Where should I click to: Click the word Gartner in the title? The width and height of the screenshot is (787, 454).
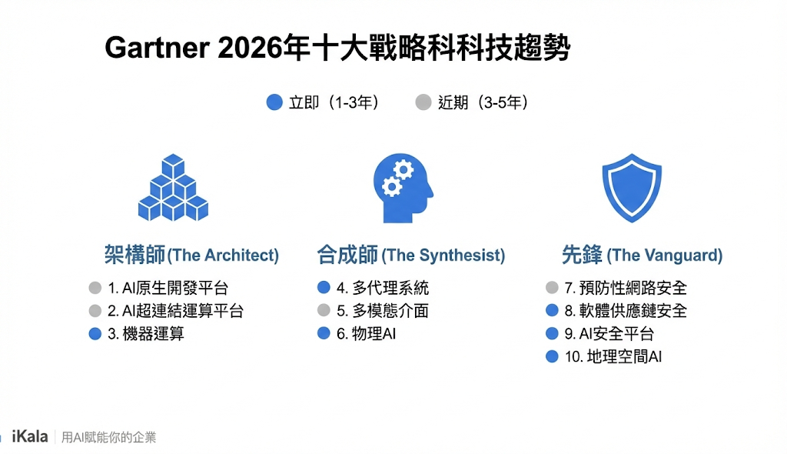(156, 48)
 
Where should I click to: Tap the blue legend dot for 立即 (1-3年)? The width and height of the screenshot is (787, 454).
(274, 102)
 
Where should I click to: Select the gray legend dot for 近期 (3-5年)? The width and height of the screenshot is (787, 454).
(423, 102)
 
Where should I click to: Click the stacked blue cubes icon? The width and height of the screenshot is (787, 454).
(173, 189)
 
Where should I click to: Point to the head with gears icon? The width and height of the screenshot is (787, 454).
(402, 187)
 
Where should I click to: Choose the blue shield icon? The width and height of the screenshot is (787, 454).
(631, 188)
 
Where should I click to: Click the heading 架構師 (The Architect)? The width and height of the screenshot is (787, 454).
(191, 255)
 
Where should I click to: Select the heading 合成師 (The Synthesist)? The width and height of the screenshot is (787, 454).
(411, 255)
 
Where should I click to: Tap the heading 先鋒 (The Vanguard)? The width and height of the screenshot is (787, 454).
(642, 255)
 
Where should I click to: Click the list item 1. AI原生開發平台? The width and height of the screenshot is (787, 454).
(168, 289)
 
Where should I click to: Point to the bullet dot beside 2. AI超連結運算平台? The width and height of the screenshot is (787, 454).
(95, 311)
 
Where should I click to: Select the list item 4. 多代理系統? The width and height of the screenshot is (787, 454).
(382, 289)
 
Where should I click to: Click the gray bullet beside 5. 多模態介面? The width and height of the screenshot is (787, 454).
(324, 311)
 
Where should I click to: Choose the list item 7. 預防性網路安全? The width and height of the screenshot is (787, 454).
(625, 289)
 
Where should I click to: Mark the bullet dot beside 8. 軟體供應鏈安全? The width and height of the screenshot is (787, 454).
(552, 311)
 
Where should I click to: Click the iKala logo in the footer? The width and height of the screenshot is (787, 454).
(30, 437)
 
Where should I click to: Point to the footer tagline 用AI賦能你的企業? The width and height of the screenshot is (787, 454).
(108, 438)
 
